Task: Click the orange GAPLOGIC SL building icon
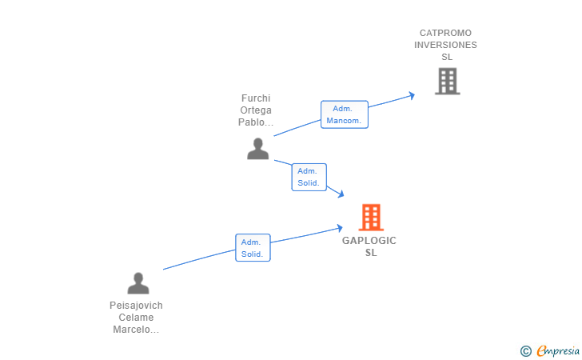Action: pyautogui.click(x=371, y=218)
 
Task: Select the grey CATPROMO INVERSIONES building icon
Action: pyautogui.click(x=447, y=81)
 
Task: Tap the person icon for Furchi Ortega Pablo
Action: pyautogui.click(x=258, y=149)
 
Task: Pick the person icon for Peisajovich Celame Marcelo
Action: pyautogui.click(x=138, y=283)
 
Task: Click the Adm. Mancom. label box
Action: pyautogui.click(x=345, y=114)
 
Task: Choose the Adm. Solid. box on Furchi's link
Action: pyautogui.click(x=309, y=177)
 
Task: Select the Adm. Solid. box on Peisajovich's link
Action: pyautogui.click(x=253, y=248)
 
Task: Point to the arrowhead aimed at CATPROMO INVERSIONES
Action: pyautogui.click(x=412, y=95)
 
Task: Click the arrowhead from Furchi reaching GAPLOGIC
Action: pyautogui.click(x=341, y=194)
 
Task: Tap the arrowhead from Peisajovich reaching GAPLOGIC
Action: pyautogui.click(x=340, y=228)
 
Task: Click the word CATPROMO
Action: pyautogui.click(x=445, y=33)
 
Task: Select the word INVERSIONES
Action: pyautogui.click(x=445, y=45)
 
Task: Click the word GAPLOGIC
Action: pyautogui.click(x=369, y=241)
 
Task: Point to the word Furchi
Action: pyautogui.click(x=256, y=98)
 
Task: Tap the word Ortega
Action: pyautogui.click(x=256, y=110)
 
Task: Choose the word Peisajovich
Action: pyautogui.click(x=136, y=306)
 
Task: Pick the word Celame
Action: pyautogui.click(x=136, y=318)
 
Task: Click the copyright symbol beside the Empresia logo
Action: pyautogui.click(x=525, y=351)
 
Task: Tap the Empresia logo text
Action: pyautogui.click(x=558, y=350)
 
